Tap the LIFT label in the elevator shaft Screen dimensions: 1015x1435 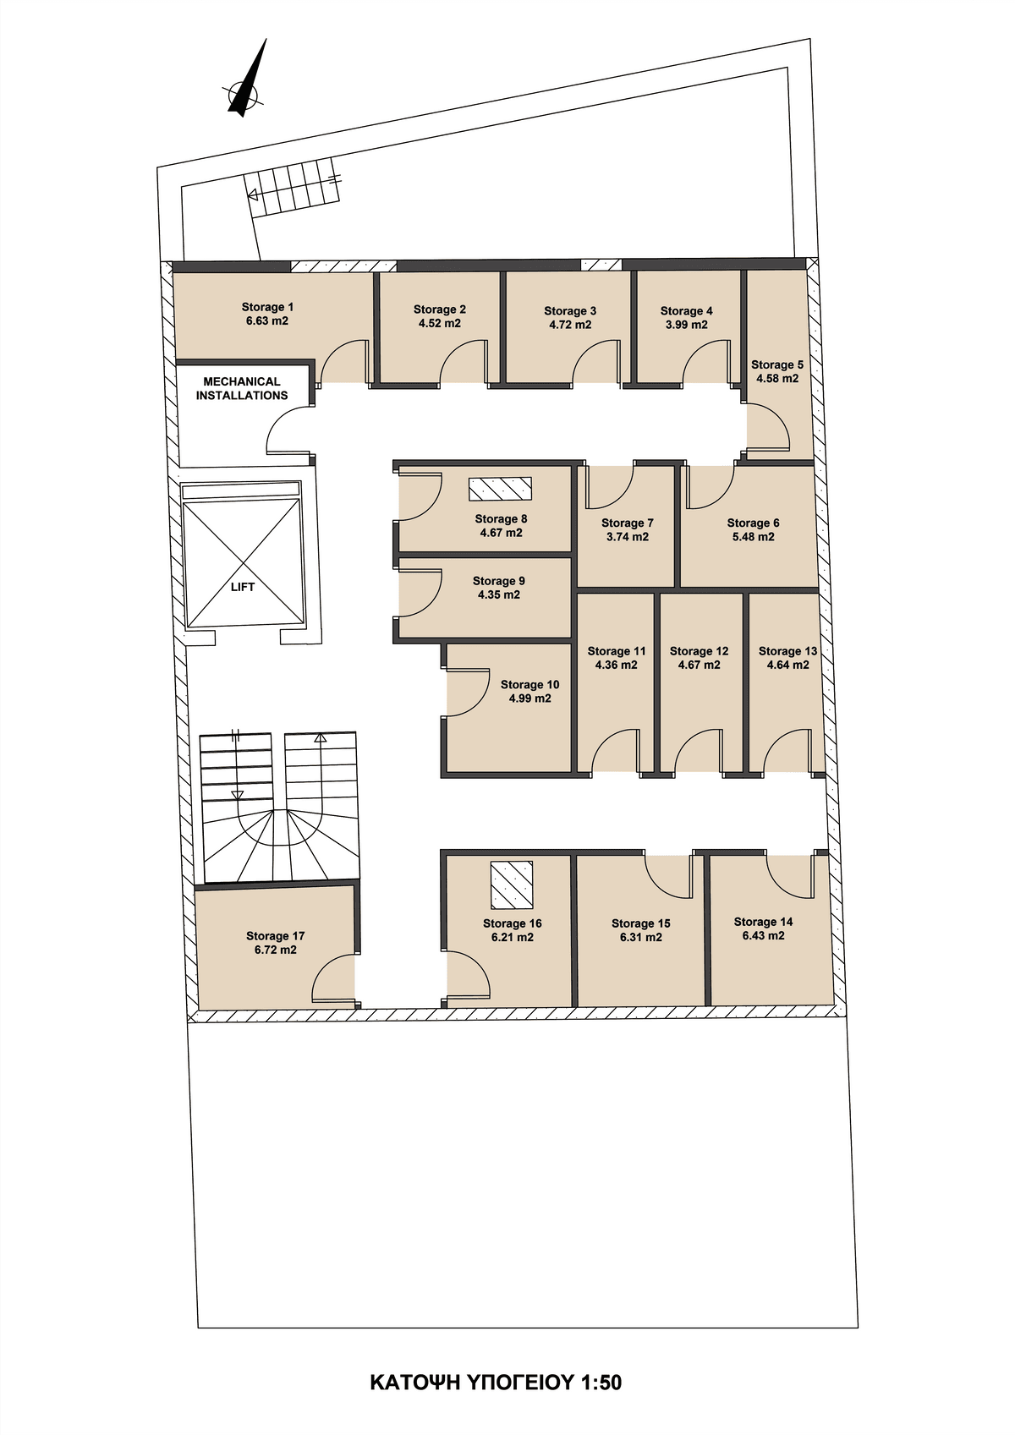243,586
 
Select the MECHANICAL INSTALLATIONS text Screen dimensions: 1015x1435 242,388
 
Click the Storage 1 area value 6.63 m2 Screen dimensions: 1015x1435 267,320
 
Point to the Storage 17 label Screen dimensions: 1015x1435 276,936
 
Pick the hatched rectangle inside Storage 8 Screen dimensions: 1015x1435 501,489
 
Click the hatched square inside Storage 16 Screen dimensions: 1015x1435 512,885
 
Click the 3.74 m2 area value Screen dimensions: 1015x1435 628,537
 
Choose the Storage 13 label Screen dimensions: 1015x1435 787,651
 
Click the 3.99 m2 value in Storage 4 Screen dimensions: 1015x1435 686,324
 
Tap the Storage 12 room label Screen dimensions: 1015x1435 700,651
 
